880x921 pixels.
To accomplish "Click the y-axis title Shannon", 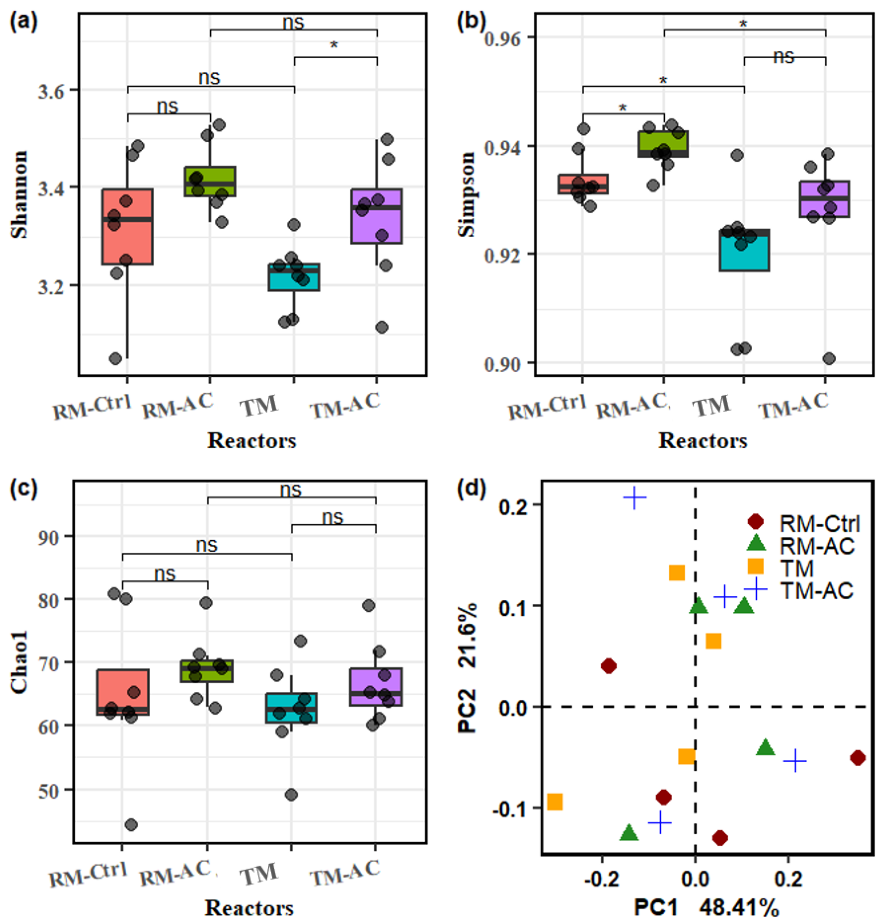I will tap(19, 195).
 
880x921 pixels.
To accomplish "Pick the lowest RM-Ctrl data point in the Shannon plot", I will tap(115, 359).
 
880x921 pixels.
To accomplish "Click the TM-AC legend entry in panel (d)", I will tap(816, 591).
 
